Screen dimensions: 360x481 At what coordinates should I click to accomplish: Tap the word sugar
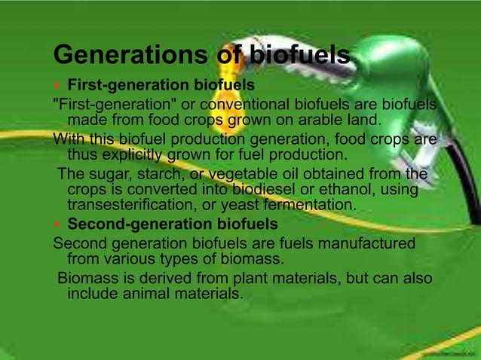point(108,174)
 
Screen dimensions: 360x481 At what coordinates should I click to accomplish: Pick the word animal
point(137,294)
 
